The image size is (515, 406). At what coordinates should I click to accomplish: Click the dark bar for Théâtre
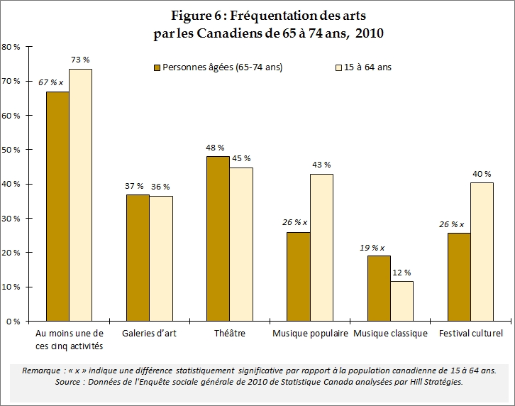[x=218, y=238]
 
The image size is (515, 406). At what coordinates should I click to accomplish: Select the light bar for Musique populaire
[x=321, y=248]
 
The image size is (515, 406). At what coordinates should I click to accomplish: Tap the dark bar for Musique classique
[x=379, y=288]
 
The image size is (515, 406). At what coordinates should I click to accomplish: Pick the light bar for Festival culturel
[x=482, y=252]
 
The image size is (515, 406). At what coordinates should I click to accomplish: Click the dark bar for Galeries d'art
[x=138, y=258]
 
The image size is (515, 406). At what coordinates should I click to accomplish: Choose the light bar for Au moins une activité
[x=80, y=195]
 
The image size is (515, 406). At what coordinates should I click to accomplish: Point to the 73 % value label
[x=80, y=59]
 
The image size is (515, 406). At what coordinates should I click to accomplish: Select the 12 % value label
[x=402, y=272]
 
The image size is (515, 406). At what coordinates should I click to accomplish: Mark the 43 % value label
[x=321, y=165]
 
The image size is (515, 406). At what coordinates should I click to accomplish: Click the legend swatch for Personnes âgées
[x=157, y=68]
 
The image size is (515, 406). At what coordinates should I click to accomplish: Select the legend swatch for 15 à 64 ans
[x=338, y=68]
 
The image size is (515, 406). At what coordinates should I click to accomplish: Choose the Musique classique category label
[x=390, y=334]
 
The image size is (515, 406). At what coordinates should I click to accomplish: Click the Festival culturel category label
[x=470, y=334]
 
